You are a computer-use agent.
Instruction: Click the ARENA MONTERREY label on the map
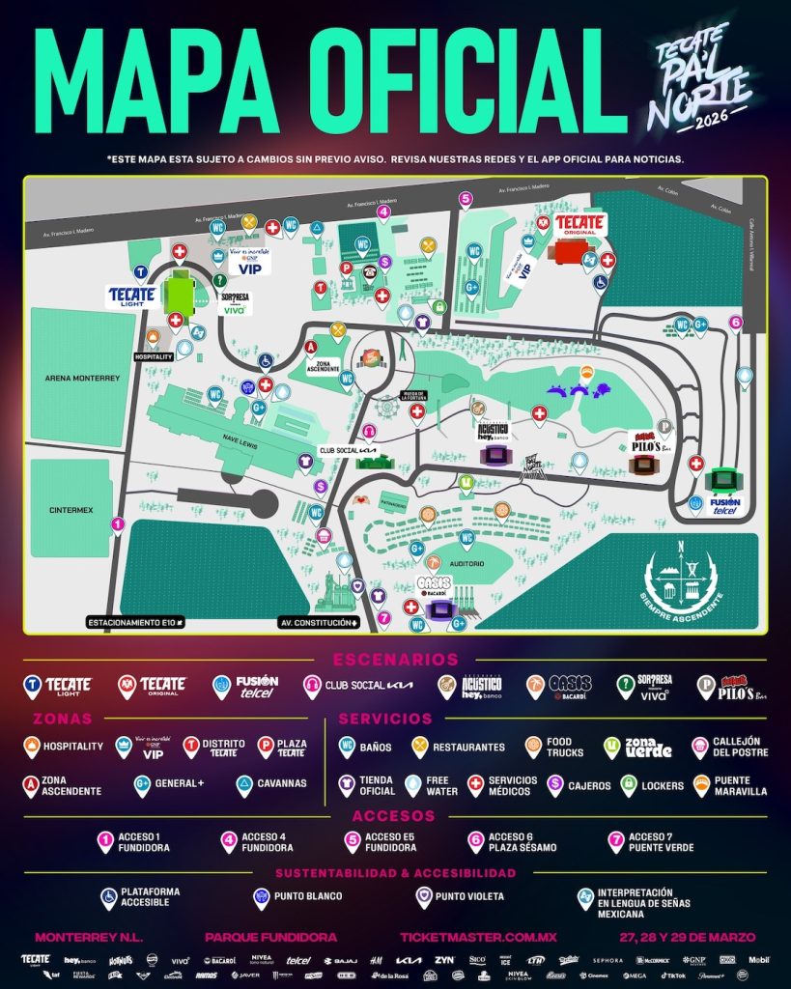82,379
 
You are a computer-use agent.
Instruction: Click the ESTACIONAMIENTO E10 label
135,623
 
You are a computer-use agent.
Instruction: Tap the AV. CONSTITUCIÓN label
318,623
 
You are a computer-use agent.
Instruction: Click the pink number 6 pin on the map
736,324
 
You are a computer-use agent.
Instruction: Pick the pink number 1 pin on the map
118,525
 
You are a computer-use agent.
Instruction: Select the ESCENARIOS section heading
396,660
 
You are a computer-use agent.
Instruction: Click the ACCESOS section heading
395,816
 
